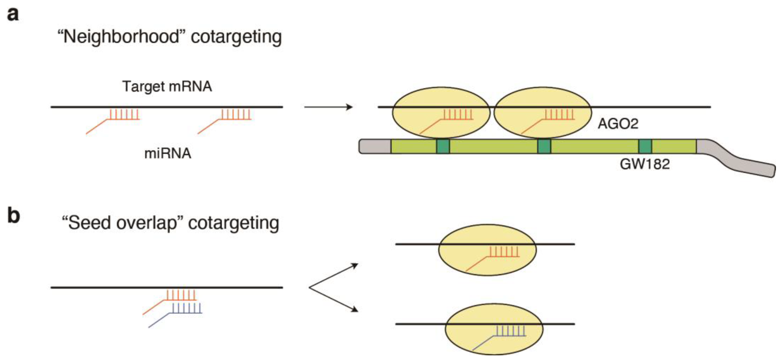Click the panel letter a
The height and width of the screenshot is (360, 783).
coord(13,14)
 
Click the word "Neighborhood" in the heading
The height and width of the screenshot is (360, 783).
coord(122,37)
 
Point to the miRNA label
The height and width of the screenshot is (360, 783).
coord(167,153)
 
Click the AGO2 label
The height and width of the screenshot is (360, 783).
coord(618,124)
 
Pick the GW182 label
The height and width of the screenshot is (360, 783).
coord(644,164)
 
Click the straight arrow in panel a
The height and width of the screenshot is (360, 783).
coord(328,107)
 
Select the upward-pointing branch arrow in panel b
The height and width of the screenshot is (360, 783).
coord(334,275)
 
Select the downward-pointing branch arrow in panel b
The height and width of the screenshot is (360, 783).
coord(334,300)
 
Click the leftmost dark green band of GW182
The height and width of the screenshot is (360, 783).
coord(443,146)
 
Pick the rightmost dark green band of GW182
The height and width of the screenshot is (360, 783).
coord(645,146)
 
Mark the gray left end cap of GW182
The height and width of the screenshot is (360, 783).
coord(375,146)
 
